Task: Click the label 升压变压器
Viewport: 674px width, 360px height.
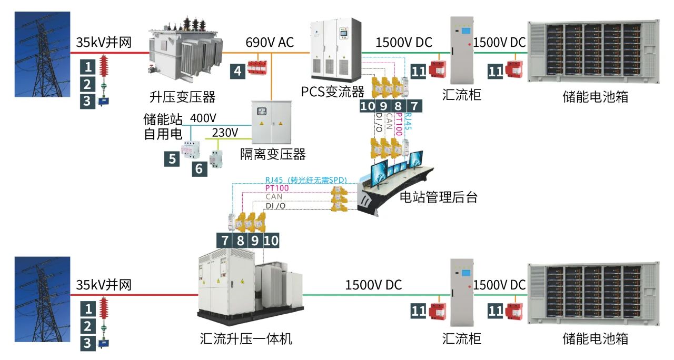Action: click(x=182, y=97)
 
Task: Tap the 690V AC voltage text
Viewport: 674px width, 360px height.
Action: click(x=270, y=42)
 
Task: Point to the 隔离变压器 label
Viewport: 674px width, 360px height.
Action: click(x=273, y=154)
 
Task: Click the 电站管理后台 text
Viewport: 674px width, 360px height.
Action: click(x=439, y=197)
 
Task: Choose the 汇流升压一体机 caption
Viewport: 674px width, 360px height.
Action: click(x=246, y=338)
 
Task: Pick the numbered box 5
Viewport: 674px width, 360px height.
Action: click(x=173, y=158)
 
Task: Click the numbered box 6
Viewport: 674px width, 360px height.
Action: click(x=199, y=168)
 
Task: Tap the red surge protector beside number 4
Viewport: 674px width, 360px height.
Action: click(x=258, y=66)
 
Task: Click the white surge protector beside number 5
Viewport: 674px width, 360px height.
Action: click(x=191, y=150)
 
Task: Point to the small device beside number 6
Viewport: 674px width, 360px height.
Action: click(x=215, y=159)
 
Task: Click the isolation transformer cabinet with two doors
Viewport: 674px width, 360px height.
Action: click(x=271, y=121)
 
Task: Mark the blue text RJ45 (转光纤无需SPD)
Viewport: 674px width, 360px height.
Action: click(x=306, y=179)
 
